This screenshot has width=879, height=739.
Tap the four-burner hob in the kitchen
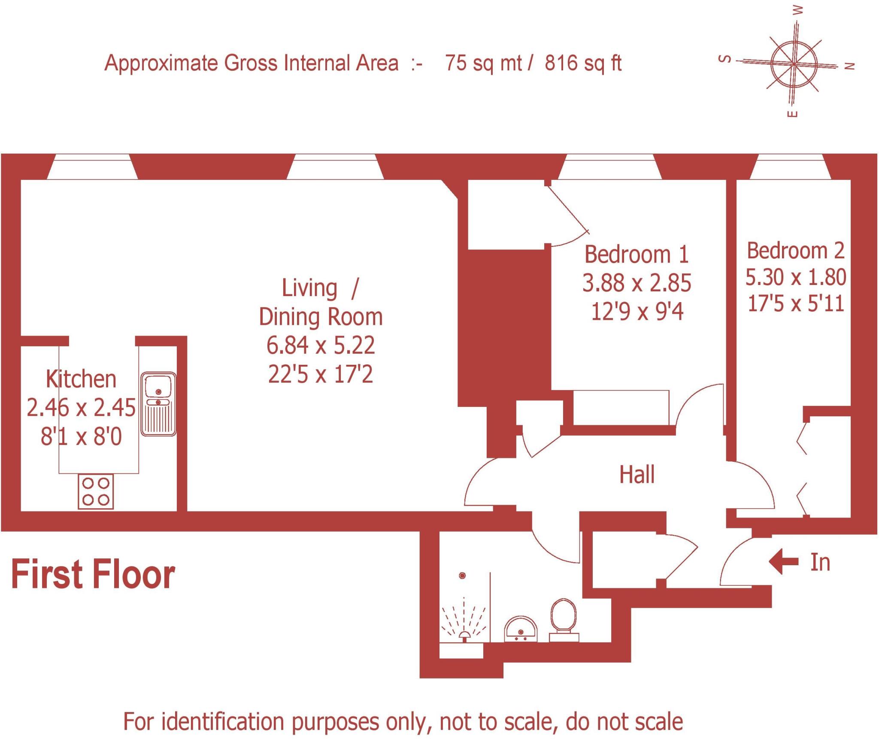click(96, 492)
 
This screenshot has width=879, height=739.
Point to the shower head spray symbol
click(464, 622)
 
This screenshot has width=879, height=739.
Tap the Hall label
click(637, 475)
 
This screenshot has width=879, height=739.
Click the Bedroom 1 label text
click(637, 254)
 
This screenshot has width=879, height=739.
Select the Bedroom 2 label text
click(795, 251)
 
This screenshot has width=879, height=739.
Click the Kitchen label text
click(81, 379)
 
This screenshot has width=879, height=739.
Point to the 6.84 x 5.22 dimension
click(321, 345)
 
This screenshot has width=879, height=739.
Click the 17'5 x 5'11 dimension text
click(796, 304)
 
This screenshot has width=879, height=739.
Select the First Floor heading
click(93, 575)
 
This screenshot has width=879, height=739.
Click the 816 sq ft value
click(583, 64)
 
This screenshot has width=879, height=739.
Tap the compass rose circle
click(794, 64)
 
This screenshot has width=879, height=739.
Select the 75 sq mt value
click(483, 64)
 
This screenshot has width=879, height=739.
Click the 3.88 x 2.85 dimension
click(637, 283)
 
